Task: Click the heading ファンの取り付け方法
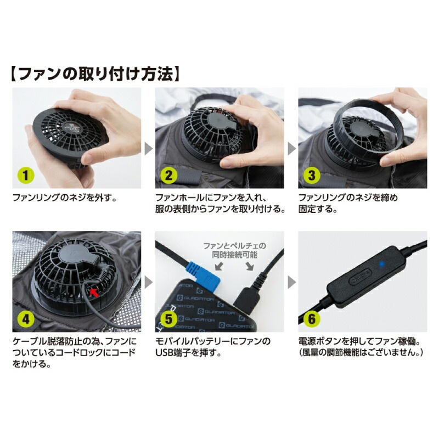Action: (x=95, y=74)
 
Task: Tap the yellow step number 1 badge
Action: (x=25, y=176)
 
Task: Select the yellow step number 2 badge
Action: (x=168, y=176)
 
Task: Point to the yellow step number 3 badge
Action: (x=312, y=176)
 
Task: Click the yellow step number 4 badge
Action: (x=25, y=319)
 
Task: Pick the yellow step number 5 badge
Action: (x=168, y=319)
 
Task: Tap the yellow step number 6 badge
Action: (x=312, y=319)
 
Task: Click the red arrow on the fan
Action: (x=94, y=292)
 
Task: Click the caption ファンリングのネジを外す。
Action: (x=64, y=198)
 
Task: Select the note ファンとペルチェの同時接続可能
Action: (x=235, y=250)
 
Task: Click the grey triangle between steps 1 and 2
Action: (x=149, y=149)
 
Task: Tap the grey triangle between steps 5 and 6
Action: (x=292, y=282)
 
